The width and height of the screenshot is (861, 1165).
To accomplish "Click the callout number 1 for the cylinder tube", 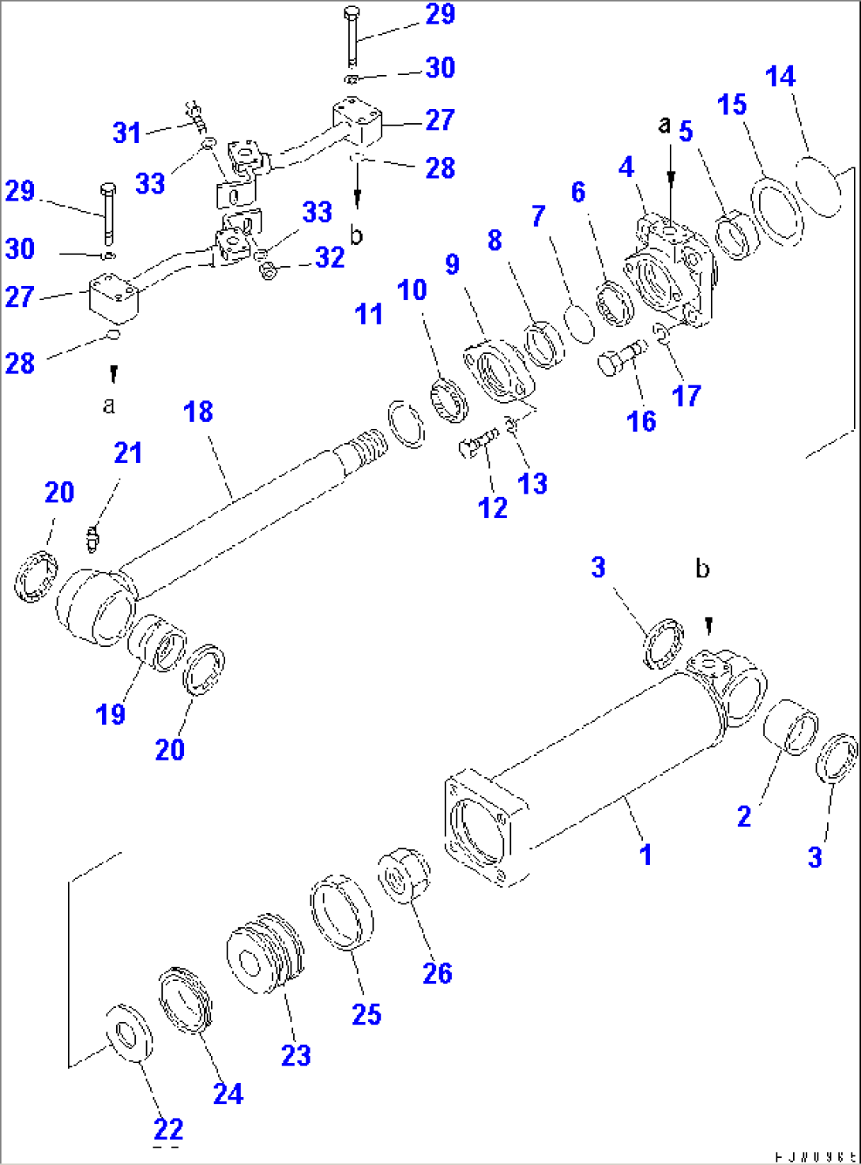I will (645, 854).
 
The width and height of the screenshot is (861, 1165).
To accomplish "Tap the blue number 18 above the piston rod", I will (198, 412).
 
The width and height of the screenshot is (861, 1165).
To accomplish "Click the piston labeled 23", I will (264, 953).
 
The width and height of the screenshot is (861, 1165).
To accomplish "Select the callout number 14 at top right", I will (780, 77).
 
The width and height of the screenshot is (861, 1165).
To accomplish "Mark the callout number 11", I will (369, 314).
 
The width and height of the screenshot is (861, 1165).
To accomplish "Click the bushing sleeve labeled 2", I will (791, 725).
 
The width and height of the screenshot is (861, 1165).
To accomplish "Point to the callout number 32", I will (330, 257).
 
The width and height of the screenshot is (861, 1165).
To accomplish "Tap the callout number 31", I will (127, 132).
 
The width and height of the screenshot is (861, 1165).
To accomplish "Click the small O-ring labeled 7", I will (580, 324).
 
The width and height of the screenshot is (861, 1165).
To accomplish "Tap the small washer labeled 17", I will (662, 335).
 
